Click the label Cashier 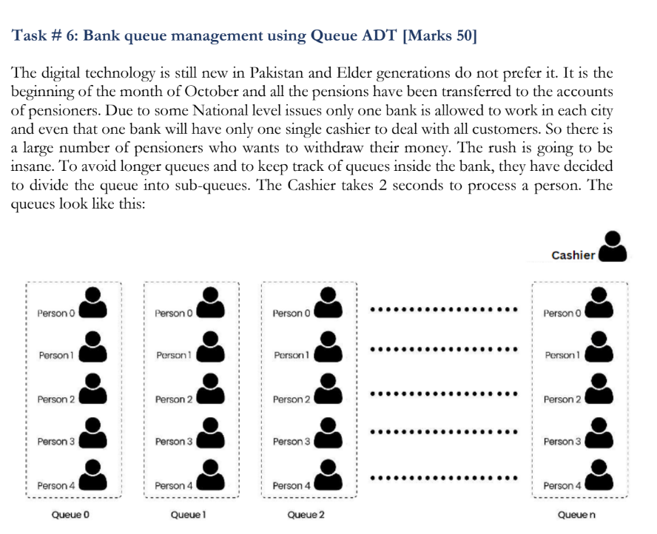coord(573,255)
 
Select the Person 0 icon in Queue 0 coord(93,303)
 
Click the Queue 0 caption coord(70,514)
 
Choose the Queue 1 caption coord(188,514)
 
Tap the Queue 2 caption coord(306,514)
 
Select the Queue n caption coord(576,514)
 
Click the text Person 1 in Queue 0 coord(56,356)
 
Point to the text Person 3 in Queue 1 coord(174,442)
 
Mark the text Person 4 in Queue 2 coord(292,486)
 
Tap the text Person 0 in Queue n coord(562,314)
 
